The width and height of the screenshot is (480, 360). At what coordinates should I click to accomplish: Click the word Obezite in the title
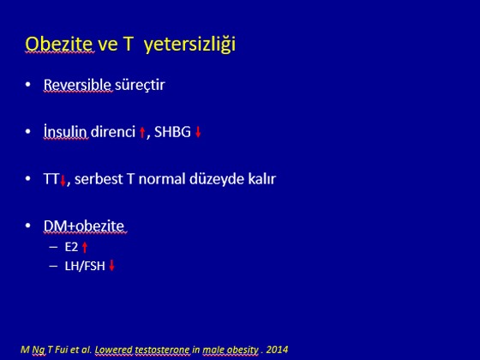tap(59, 44)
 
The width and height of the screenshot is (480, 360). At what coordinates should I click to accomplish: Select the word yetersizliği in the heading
tap(189, 45)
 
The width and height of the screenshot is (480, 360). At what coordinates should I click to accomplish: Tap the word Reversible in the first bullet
tap(77, 85)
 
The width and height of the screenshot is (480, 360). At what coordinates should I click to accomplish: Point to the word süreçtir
tap(140, 85)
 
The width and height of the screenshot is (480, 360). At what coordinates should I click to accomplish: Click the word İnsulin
tap(65, 131)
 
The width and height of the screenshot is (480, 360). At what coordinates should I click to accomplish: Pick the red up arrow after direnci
tap(142, 133)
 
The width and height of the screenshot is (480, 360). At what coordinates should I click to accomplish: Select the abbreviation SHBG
tap(172, 132)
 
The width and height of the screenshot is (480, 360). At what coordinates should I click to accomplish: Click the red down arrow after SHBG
tap(198, 132)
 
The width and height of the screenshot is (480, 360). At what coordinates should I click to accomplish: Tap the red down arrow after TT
tap(63, 180)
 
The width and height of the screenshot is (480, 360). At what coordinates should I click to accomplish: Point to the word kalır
tap(262, 179)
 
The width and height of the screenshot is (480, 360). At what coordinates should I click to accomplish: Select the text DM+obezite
tap(84, 226)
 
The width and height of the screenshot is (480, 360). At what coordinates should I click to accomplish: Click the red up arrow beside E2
tap(85, 248)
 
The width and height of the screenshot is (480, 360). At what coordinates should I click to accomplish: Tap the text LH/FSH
tap(85, 266)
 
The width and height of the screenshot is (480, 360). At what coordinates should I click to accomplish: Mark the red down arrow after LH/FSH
tap(111, 265)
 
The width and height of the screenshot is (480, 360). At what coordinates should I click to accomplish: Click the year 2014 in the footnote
tap(277, 350)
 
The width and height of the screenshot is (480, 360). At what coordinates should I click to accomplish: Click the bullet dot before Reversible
tap(27, 84)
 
